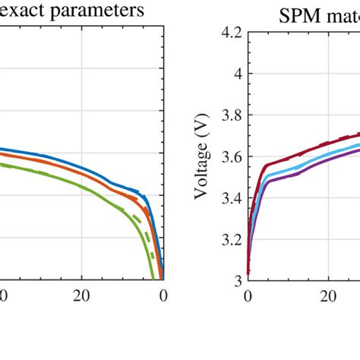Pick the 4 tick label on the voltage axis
(x=237, y=74)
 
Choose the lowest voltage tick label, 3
(x=237, y=281)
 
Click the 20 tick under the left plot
(x=81, y=297)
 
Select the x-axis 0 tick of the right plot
(x=248, y=297)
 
